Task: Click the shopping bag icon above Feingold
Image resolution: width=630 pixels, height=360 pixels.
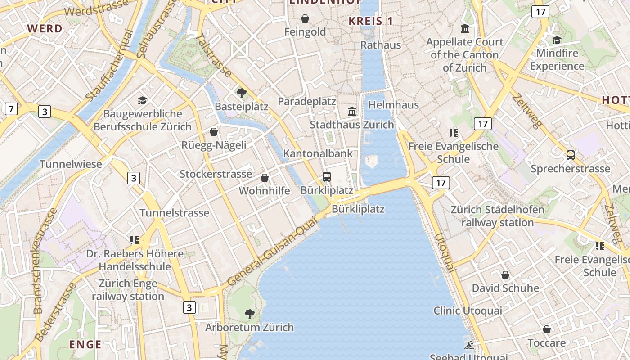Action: click(x=305, y=18)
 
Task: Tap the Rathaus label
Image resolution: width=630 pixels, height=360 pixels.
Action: click(x=381, y=45)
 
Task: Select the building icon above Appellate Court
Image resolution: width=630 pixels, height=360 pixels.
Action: click(x=465, y=29)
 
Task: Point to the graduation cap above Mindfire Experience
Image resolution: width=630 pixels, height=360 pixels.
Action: click(x=557, y=40)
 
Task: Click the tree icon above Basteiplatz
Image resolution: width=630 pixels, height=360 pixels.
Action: click(x=242, y=93)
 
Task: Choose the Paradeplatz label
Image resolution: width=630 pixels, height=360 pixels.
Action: click(x=307, y=101)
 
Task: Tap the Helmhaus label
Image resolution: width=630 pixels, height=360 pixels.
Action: click(x=394, y=105)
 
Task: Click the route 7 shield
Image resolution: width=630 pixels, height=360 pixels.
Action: click(x=11, y=108)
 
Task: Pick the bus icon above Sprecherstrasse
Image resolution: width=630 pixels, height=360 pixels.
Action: click(x=571, y=155)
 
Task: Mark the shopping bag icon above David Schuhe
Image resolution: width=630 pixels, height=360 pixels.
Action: click(x=505, y=274)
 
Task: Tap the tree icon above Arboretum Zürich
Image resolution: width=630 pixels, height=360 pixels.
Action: click(x=249, y=314)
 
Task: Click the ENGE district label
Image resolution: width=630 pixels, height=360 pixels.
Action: click(x=85, y=344)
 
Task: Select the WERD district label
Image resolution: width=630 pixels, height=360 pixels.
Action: click(x=45, y=29)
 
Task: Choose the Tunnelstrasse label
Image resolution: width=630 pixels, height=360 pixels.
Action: click(x=175, y=213)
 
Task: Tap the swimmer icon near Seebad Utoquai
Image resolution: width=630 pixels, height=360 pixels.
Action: click(x=469, y=345)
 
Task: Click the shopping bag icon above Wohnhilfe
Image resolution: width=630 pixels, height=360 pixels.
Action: click(x=265, y=178)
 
